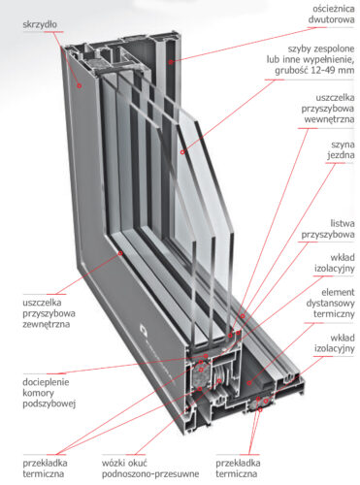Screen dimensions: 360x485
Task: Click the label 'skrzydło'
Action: [40, 24]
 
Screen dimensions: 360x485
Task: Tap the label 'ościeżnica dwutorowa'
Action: [331, 15]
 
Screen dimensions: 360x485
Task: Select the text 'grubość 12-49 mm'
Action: [314, 70]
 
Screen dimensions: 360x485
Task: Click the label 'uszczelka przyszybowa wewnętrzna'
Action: [328, 109]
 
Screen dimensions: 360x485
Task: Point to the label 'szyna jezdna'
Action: [341, 149]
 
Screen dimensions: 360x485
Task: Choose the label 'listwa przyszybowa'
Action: [328, 229]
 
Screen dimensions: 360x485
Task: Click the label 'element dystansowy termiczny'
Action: [331, 303]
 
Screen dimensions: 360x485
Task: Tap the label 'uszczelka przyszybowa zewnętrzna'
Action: [49, 313]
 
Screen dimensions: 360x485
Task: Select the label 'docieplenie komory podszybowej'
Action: [49, 393]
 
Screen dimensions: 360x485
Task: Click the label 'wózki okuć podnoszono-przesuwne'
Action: [150, 469]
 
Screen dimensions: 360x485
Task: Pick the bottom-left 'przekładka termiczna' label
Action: [45, 469]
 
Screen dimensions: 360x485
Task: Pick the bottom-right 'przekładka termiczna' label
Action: [238, 469]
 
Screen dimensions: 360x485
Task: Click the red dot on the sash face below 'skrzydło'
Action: [79, 85]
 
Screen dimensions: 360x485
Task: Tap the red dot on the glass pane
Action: [182, 152]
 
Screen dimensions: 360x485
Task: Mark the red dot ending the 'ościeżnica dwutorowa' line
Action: [170, 62]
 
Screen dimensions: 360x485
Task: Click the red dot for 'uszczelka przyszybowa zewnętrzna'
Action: [120, 253]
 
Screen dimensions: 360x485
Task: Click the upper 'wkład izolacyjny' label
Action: [335, 263]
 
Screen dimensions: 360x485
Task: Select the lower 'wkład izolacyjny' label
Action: [335, 343]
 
